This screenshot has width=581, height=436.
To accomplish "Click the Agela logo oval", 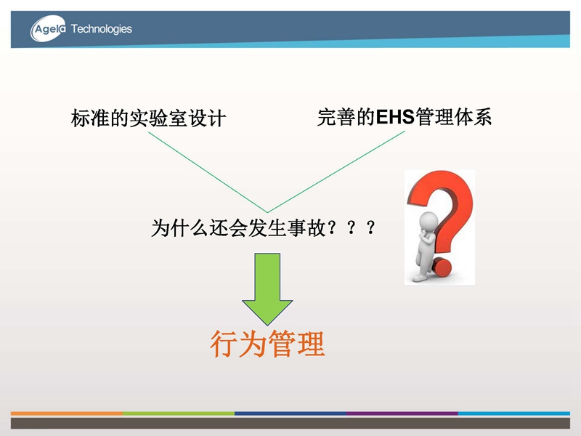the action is (48, 28).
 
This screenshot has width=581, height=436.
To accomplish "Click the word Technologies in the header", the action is (101, 29).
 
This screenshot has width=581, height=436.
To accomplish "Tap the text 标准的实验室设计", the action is (148, 118).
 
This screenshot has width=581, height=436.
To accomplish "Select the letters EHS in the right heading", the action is (395, 117).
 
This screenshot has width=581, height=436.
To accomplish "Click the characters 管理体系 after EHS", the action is (453, 117).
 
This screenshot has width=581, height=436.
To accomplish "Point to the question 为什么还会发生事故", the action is (239, 227).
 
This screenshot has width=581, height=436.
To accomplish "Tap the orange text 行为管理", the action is (267, 344).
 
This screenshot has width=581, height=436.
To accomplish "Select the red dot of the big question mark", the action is (442, 267).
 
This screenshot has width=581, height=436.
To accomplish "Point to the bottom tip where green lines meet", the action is (267, 212).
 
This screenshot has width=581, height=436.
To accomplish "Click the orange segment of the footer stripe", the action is (67, 413).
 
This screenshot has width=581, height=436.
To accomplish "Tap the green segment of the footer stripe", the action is (179, 413).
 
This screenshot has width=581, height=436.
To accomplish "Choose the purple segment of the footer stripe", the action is (402, 413).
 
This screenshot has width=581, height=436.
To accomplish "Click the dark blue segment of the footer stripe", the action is (290, 413).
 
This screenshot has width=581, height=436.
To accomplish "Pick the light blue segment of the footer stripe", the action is (514, 413).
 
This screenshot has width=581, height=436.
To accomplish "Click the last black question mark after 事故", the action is (370, 227).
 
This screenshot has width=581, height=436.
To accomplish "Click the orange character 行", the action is (224, 344).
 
